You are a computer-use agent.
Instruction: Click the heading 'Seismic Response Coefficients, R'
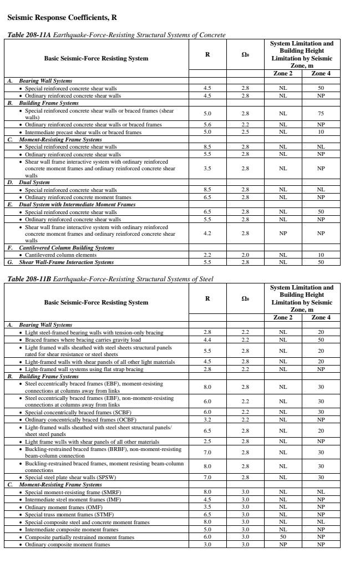[62, 18]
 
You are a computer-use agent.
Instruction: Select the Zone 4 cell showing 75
[321, 114]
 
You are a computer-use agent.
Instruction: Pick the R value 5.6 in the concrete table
[207, 125]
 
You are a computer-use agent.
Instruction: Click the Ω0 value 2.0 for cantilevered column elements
[245, 255]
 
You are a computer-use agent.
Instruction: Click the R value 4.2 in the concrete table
[207, 234]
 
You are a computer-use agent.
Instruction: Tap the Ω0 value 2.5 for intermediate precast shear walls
[245, 132]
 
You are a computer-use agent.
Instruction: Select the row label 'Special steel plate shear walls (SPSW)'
[70, 477]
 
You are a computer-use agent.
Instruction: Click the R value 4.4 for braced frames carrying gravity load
[207, 339]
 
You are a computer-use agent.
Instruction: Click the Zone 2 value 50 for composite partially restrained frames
[283, 537]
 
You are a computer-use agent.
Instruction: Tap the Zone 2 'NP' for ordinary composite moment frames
[283, 544]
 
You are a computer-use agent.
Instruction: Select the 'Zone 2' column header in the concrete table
[283, 73]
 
